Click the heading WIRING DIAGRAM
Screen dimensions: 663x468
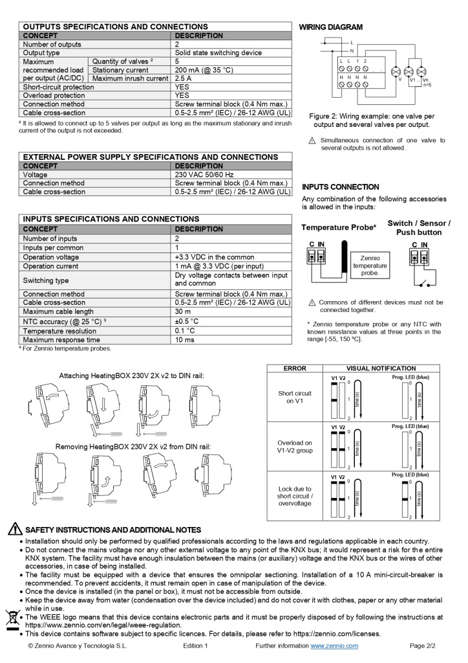tap(330, 27)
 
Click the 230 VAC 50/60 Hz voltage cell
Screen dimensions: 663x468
tap(204, 175)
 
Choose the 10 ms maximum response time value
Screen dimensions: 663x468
tap(186, 340)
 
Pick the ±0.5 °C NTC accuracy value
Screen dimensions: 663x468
tap(187, 321)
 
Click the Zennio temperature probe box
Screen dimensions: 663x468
tap(370, 265)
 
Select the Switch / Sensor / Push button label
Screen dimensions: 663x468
tap(419, 228)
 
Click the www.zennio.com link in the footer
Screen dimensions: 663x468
tap(334, 646)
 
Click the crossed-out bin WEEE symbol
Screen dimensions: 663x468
tap(12, 618)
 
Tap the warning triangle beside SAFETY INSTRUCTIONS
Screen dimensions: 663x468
tap(14, 530)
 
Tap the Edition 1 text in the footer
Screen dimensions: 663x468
tap(195, 646)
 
